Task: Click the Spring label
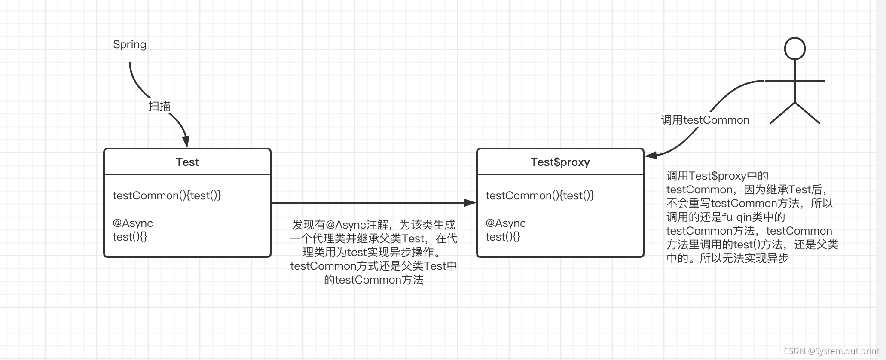[129, 45]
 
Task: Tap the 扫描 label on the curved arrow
[159, 106]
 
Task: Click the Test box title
[187, 162]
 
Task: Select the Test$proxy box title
[560, 162]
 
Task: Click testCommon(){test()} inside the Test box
[167, 195]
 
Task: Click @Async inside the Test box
[133, 223]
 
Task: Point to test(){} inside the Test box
[130, 237]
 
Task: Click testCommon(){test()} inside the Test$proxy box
[540, 195]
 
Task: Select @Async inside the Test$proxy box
[506, 223]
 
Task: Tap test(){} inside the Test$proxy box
[503, 237]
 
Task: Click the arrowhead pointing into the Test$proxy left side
[470, 203]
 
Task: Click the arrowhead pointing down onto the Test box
[186, 142]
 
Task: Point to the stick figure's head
[794, 48]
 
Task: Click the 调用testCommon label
[705, 120]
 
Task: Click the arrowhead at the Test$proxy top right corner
[651, 155]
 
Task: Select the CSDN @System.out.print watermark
[831, 351]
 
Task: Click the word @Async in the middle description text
[346, 225]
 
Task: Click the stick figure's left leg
[782, 113]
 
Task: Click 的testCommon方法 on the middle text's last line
[374, 280]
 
